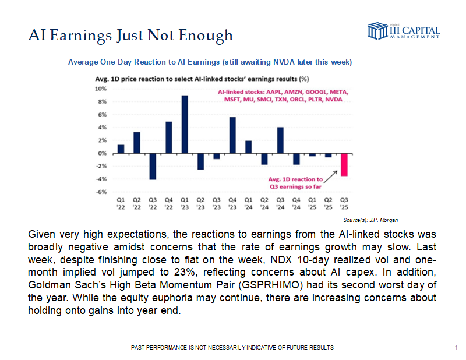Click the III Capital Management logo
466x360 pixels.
(x=403, y=31)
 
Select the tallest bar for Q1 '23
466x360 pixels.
(x=185, y=124)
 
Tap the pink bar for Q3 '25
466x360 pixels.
(x=344, y=165)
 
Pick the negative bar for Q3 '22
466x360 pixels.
(x=153, y=166)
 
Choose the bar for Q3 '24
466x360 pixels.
(x=280, y=140)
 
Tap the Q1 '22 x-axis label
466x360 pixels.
(x=121, y=202)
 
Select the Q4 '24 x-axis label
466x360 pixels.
(x=296, y=202)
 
